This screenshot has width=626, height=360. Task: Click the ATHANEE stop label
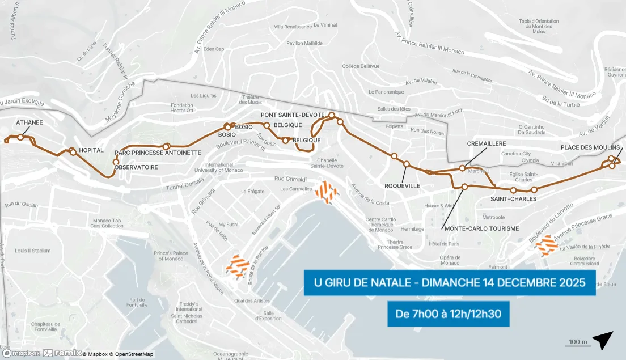click(29, 122)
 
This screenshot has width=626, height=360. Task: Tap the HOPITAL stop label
click(91, 150)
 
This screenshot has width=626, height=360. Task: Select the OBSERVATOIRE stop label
click(136, 167)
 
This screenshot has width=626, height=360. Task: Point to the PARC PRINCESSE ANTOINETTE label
click(158, 153)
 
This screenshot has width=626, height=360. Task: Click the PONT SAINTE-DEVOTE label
click(293, 115)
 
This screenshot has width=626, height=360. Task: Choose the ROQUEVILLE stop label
click(402, 185)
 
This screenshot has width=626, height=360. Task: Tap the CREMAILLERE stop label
click(486, 143)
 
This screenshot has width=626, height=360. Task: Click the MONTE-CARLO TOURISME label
click(481, 228)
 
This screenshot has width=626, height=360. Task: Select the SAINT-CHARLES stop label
click(509, 199)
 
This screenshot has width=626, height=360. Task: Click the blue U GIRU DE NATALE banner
click(449, 282)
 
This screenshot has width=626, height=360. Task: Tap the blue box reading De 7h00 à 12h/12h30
click(448, 313)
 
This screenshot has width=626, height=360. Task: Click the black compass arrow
click(603, 340)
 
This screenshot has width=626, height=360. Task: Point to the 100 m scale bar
click(577, 342)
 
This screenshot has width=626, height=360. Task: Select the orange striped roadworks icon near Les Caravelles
click(327, 192)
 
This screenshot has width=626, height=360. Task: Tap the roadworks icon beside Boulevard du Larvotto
click(548, 245)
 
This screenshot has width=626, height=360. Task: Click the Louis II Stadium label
click(33, 251)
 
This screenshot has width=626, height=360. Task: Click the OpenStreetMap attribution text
click(133, 354)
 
